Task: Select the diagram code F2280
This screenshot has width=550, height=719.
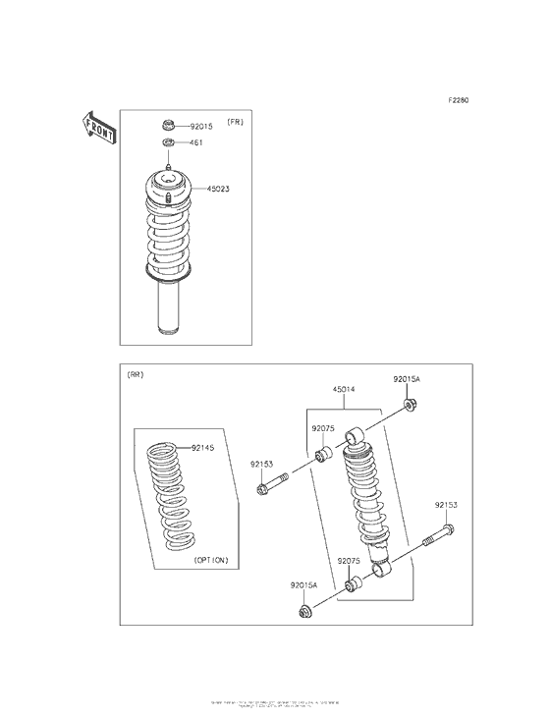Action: tap(459, 99)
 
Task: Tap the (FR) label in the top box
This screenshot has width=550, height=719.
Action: tap(236, 122)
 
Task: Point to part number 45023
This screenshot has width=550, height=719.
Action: tap(218, 189)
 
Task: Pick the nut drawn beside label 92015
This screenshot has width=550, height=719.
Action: tap(168, 126)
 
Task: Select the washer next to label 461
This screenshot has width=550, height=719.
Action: tap(168, 144)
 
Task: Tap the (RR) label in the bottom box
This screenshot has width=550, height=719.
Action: tap(135, 375)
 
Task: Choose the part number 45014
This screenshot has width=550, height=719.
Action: tap(344, 389)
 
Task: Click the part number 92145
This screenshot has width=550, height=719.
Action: tap(202, 447)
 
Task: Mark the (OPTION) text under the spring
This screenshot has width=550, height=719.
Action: tap(210, 560)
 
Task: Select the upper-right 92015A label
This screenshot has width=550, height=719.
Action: tap(407, 379)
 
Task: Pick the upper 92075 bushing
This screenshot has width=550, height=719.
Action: tap(322, 455)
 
